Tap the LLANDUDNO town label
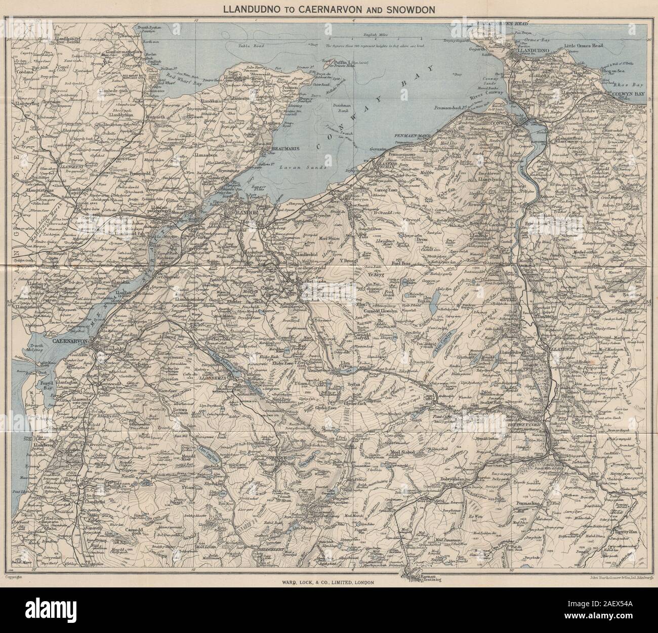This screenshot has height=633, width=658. click(x=531, y=52)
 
